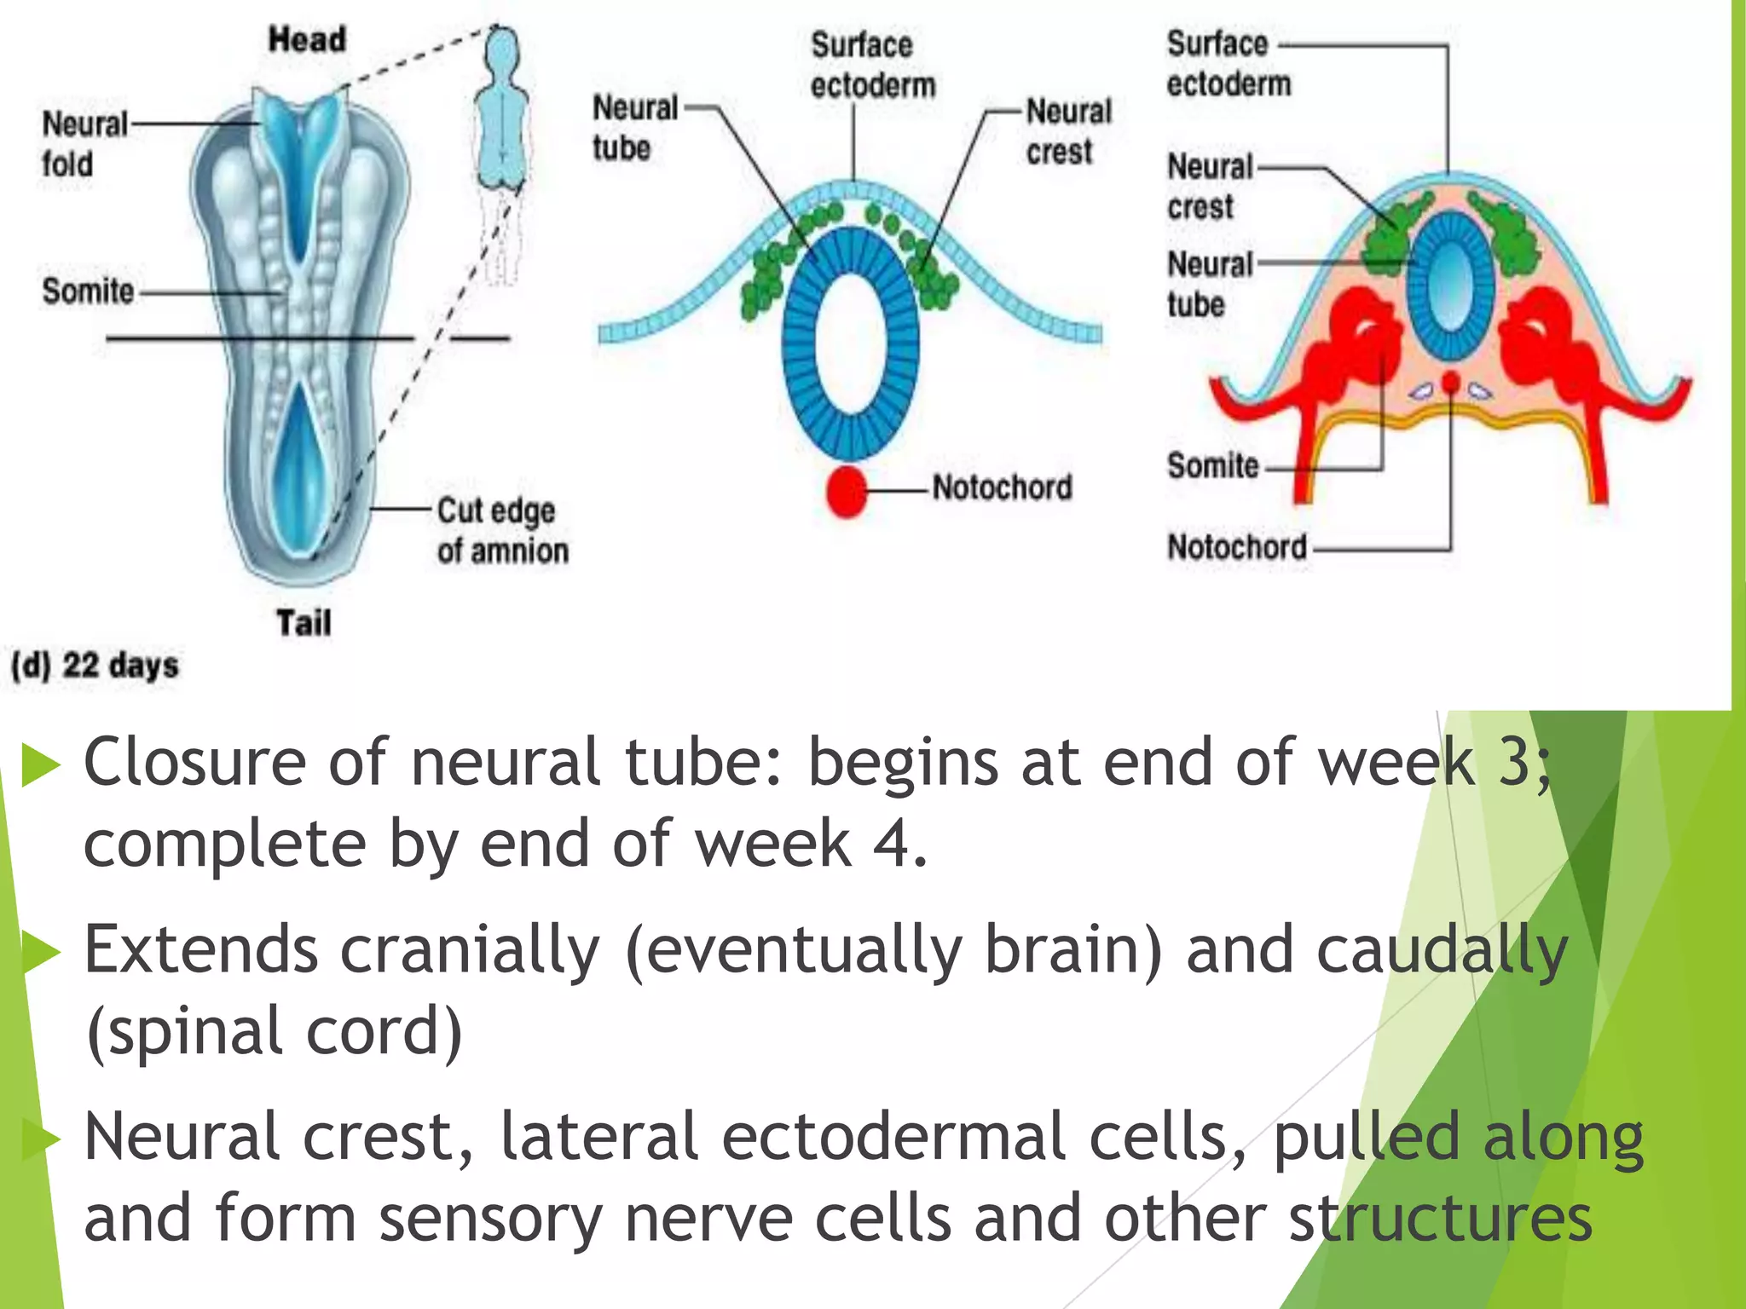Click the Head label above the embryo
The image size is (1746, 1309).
pyautogui.click(x=307, y=40)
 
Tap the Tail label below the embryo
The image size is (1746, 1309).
pyautogui.click(x=304, y=623)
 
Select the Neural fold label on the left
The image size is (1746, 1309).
pyautogui.click(x=84, y=144)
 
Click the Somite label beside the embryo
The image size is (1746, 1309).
pyautogui.click(x=88, y=291)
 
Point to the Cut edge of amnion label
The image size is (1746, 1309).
pyautogui.click(x=501, y=530)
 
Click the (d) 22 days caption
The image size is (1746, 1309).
pyautogui.click(x=95, y=665)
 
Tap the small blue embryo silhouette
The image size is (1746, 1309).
pyautogui.click(x=503, y=111)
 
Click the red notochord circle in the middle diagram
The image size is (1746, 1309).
pyautogui.click(x=847, y=491)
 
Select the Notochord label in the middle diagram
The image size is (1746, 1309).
pyautogui.click(x=1002, y=487)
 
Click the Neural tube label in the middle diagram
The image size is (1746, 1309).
pyautogui.click(x=635, y=128)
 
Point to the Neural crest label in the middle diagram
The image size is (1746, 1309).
pyautogui.click(x=1067, y=131)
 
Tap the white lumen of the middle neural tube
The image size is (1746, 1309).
pyautogui.click(x=850, y=345)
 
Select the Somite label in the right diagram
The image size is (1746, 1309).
pyautogui.click(x=1212, y=466)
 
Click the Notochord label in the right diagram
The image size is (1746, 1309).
pyautogui.click(x=1236, y=547)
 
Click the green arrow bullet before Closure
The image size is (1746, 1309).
pyautogui.click(x=39, y=764)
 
